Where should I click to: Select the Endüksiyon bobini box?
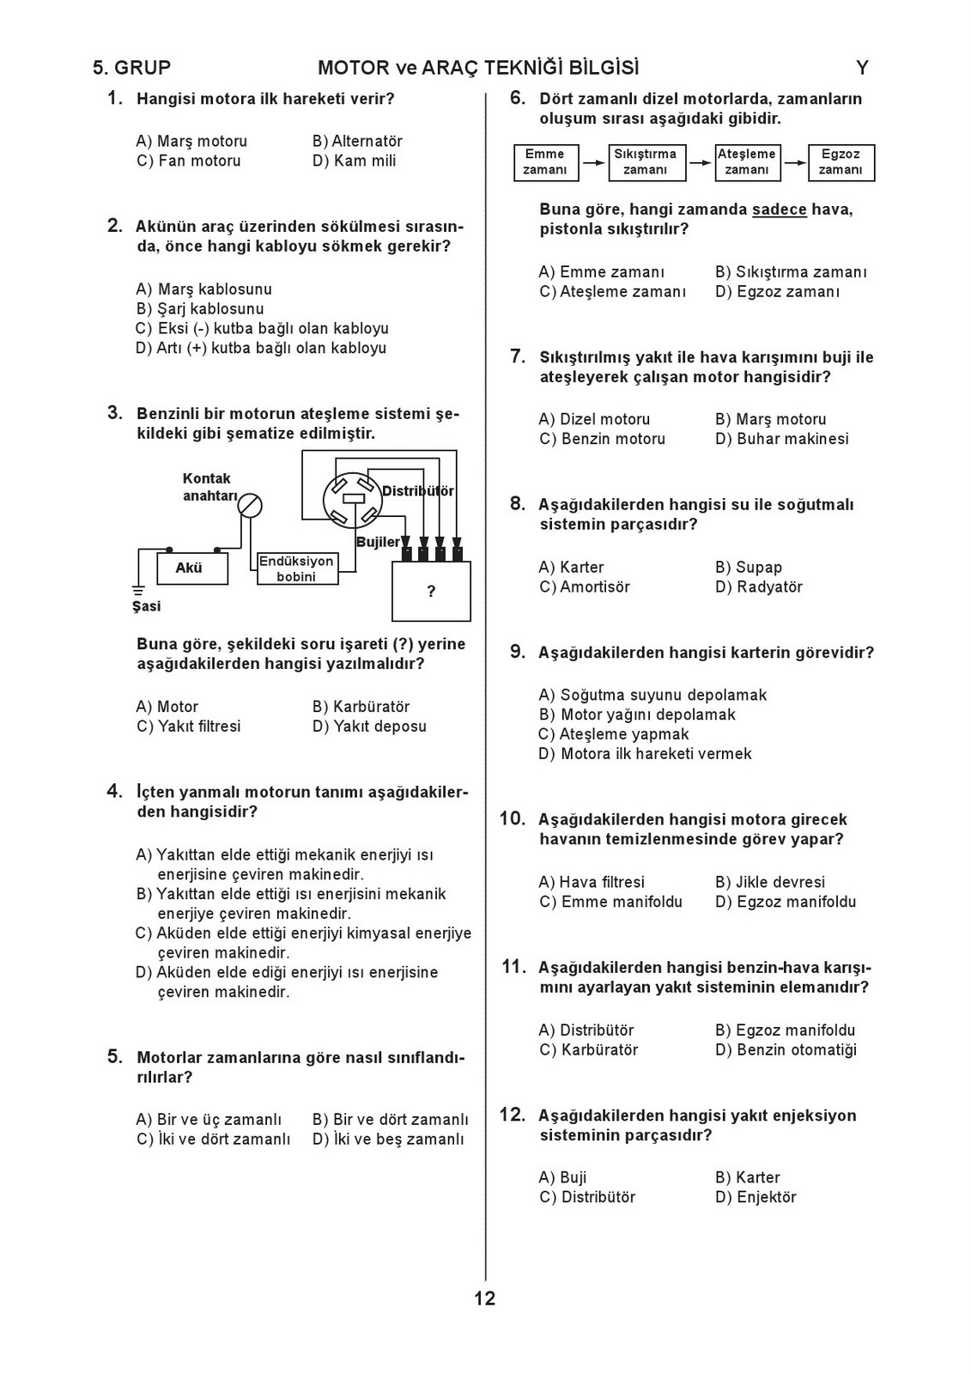tap(297, 568)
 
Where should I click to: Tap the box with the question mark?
tap(431, 591)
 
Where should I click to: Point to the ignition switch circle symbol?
tap(250, 505)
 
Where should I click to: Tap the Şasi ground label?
tap(146, 606)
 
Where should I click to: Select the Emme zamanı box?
tap(545, 162)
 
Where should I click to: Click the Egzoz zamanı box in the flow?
tap(841, 162)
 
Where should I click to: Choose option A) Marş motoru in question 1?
tap(191, 141)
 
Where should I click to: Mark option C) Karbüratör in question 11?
tap(589, 1050)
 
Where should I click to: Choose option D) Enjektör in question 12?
tap(756, 1197)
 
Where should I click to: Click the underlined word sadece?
tap(780, 210)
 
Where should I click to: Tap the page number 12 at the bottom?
tap(485, 1298)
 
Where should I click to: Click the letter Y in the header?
tap(862, 68)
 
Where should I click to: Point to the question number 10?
tap(513, 819)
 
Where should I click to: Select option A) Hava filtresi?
tap(592, 882)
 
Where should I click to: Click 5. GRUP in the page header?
tap(132, 68)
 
